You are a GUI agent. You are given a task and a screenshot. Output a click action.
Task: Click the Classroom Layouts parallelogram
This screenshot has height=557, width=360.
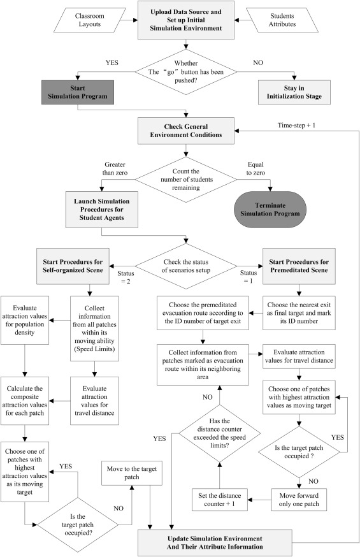coord(89,20)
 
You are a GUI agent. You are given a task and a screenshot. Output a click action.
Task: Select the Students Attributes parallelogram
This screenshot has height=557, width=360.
coord(282,20)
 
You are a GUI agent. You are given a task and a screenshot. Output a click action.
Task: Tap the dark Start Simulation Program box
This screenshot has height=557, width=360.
coord(78,92)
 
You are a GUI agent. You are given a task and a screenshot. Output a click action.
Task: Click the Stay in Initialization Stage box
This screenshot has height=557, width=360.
coord(294,92)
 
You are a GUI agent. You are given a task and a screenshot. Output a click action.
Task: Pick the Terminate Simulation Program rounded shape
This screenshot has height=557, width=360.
coord(270,210)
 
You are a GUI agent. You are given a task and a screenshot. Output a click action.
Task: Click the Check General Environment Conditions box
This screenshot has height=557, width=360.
coord(186,131)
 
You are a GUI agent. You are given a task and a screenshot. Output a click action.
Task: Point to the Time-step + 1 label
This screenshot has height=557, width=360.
coord(296,126)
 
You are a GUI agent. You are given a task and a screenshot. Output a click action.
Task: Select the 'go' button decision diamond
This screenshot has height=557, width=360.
coord(186,72)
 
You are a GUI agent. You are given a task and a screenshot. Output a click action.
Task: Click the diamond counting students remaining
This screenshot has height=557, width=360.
coord(186,180)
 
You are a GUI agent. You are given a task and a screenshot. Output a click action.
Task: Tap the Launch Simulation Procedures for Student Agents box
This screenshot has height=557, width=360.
coord(102,210)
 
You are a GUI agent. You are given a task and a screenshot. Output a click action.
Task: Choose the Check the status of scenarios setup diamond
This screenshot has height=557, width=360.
coord(186,266)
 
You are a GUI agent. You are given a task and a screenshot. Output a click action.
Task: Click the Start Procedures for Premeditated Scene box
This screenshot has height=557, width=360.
coord(299,266)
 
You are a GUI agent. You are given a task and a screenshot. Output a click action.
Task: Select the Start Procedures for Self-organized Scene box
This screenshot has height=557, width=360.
coord(73,266)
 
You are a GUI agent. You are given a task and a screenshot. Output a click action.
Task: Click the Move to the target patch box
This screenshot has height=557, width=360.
coord(132,473)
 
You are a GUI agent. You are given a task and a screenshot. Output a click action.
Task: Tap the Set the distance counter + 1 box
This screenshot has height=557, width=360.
coord(220,500)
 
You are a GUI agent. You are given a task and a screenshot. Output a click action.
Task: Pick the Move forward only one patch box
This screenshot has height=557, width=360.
coord(299,500)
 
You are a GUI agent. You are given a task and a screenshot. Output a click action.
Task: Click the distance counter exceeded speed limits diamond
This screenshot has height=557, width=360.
coord(220,433)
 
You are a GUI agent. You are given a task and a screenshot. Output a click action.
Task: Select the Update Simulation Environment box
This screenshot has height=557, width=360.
coord(215,543)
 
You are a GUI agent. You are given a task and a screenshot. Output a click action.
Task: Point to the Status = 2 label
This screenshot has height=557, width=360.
coord(126,277)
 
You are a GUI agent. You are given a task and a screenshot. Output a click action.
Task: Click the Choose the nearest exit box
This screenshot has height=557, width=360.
coord(299,313)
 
